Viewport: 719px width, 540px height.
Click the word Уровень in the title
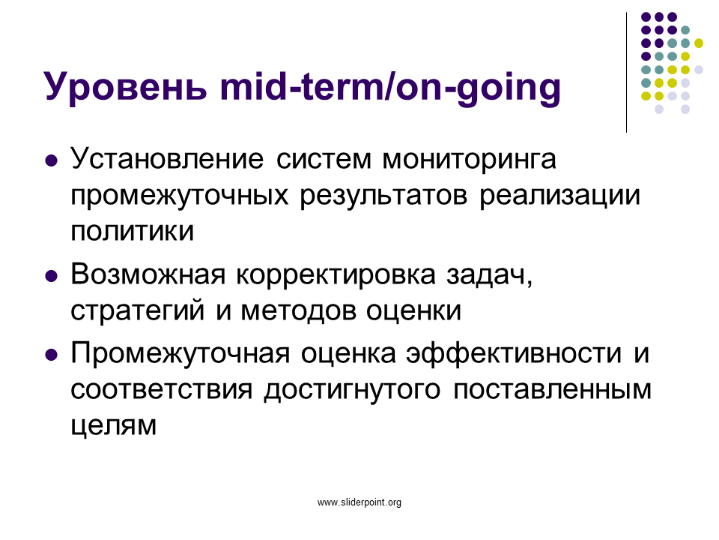pos(125,86)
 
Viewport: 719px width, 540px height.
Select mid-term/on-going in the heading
pos(390,86)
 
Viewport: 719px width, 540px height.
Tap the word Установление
pos(167,159)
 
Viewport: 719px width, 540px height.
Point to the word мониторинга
pos(469,160)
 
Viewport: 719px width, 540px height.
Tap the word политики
pos(132,231)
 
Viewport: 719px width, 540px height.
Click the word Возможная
pos(148,274)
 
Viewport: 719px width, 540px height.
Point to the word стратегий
pos(137,310)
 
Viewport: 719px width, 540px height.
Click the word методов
pos(299,311)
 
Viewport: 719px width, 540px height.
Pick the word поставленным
pos(552,390)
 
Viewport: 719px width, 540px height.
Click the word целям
pos(113,426)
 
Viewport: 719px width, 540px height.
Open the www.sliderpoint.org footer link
pos(359,502)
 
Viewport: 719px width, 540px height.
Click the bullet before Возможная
pos(52,277)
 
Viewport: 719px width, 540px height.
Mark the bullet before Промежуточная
pos(52,355)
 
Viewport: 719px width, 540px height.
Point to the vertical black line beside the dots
pos(626,73)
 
